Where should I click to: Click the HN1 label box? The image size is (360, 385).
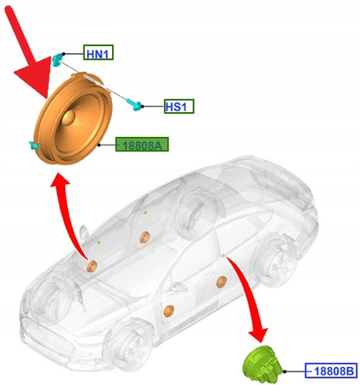click(98, 54)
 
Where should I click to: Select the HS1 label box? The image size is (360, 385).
click(180, 106)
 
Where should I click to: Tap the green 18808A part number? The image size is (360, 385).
click(143, 145)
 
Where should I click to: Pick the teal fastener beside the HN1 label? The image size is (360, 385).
click(57, 60)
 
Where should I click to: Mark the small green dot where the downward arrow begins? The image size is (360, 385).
click(222, 255)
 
